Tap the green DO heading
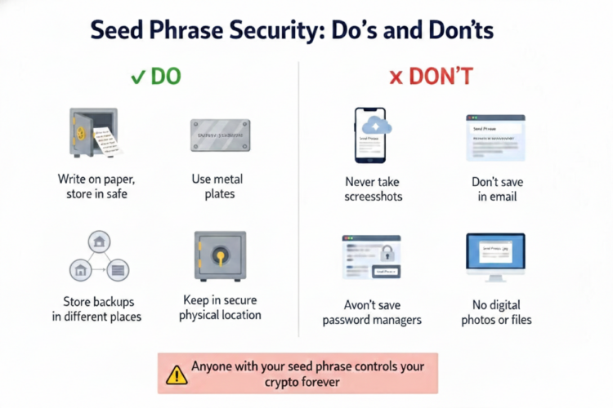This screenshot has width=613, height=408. [x=164, y=78]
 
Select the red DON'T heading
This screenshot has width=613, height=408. [x=441, y=78]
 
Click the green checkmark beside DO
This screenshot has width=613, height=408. [x=137, y=78]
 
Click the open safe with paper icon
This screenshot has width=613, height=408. [x=92, y=134]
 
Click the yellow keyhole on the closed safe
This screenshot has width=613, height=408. [x=221, y=255]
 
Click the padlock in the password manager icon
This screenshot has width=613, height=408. [x=387, y=251]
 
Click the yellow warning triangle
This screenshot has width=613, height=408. [x=177, y=375]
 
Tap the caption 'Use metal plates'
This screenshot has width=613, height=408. [x=219, y=187]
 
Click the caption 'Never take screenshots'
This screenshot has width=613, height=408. [x=373, y=188]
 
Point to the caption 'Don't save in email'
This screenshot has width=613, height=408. [x=497, y=188]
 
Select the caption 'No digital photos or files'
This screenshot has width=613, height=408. [x=496, y=312]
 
